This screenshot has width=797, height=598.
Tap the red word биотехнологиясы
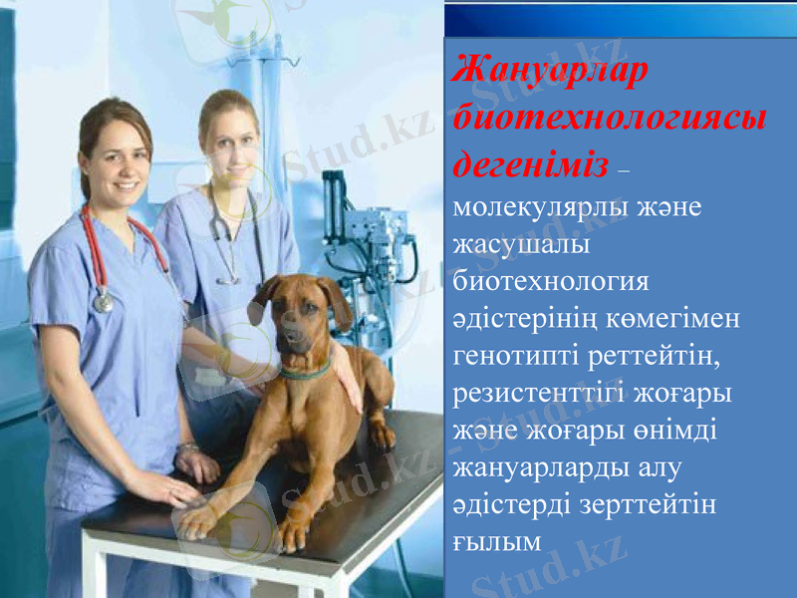coord(609,118)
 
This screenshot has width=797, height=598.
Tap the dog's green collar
coord(305,374)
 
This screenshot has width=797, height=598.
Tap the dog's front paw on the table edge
coord(198,519)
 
